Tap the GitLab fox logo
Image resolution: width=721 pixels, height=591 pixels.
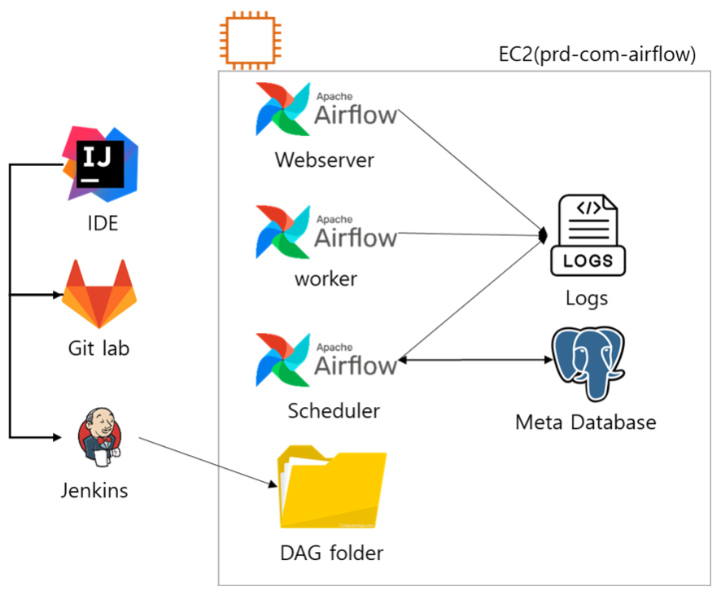[x=99, y=294]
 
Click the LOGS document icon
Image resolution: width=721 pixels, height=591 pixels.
[x=588, y=236]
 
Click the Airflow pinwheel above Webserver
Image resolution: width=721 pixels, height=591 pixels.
[x=282, y=111]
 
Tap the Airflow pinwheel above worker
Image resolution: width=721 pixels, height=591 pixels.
[x=282, y=233]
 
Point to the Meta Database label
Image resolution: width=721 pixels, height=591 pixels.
[x=585, y=422]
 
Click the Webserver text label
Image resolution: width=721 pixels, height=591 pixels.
[x=324, y=159]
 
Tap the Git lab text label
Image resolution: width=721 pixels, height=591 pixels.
[x=98, y=348]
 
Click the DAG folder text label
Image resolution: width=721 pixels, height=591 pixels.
[x=331, y=554]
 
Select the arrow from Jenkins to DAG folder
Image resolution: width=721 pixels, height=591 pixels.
[x=208, y=463]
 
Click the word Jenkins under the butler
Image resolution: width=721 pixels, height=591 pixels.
[x=94, y=490]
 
